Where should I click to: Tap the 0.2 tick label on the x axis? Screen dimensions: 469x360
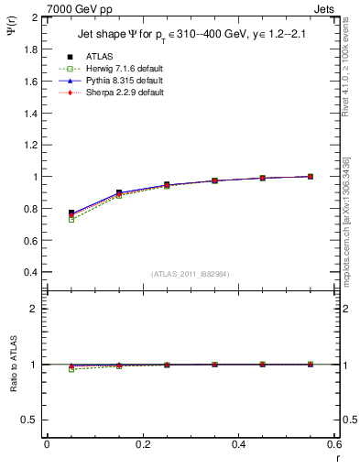[x=143, y=443]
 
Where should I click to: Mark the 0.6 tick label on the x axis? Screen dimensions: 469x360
[x=334, y=443]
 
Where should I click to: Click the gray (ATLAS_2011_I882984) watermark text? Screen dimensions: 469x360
[x=190, y=275]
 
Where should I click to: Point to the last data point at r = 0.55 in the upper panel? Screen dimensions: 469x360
[x=311, y=176]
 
